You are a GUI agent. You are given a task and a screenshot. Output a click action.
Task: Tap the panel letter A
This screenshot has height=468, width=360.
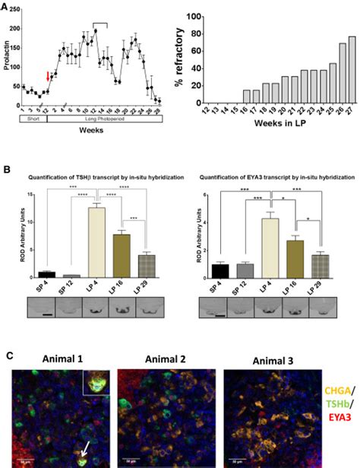click(5, 6)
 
